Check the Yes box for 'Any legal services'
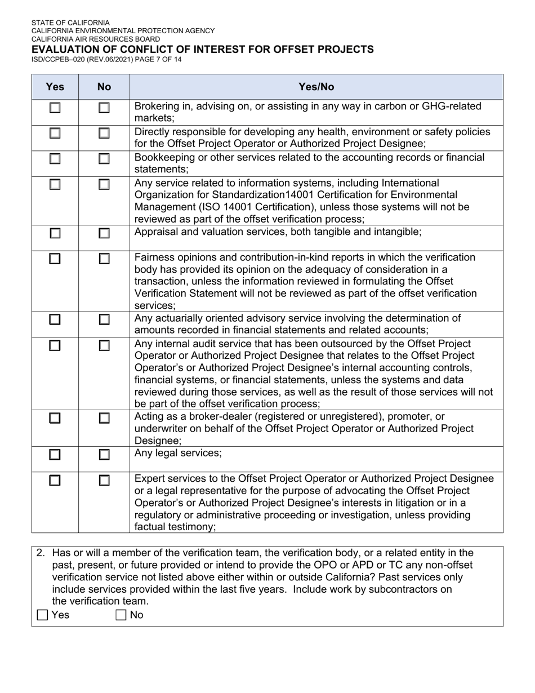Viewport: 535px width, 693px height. tap(55, 454)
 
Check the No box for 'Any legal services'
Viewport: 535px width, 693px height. tap(104, 454)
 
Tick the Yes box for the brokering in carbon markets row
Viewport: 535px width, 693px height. tap(55, 108)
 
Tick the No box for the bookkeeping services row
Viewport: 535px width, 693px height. tap(104, 159)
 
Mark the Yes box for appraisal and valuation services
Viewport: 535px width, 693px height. tap(55, 233)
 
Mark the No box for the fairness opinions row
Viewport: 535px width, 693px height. tap(104, 259)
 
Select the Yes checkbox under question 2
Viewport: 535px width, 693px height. tap(42, 615)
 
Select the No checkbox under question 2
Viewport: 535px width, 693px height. tap(121, 615)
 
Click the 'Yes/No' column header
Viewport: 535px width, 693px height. tap(316, 87)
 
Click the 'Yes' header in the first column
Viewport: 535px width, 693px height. tap(55, 87)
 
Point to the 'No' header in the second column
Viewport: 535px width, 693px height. tap(104, 87)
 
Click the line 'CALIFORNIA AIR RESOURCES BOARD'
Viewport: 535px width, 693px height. tap(95, 39)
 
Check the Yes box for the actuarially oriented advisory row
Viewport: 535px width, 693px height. tap(55, 319)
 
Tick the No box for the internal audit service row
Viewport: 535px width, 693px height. tap(104, 345)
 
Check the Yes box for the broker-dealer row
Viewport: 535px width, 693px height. tap(55, 418)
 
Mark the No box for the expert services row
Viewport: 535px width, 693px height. tap(104, 481)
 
